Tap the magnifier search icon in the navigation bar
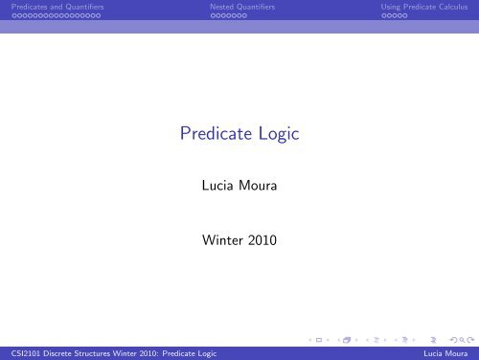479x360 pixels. tap(462, 340)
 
